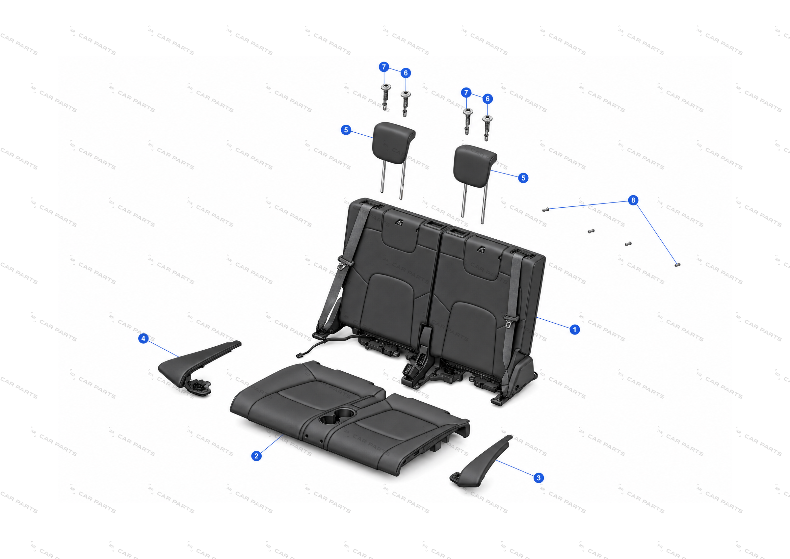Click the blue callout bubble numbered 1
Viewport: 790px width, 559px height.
point(574,330)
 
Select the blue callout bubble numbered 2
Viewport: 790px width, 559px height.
point(256,456)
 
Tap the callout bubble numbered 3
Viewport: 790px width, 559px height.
point(539,478)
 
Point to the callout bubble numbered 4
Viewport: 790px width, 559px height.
point(144,338)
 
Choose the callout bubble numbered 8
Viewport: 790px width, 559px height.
point(633,200)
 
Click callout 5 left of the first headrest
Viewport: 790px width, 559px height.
point(346,130)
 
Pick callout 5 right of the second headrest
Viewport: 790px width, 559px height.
point(523,178)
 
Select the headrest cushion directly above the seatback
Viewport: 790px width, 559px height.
point(475,166)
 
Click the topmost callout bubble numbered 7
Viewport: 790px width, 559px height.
point(384,67)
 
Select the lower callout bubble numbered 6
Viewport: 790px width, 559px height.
point(487,99)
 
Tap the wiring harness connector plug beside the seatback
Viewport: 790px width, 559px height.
point(299,356)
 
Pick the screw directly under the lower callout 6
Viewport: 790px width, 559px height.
point(487,128)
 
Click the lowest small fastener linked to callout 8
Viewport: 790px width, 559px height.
point(677,265)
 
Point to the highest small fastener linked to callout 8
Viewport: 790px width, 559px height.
point(545,210)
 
